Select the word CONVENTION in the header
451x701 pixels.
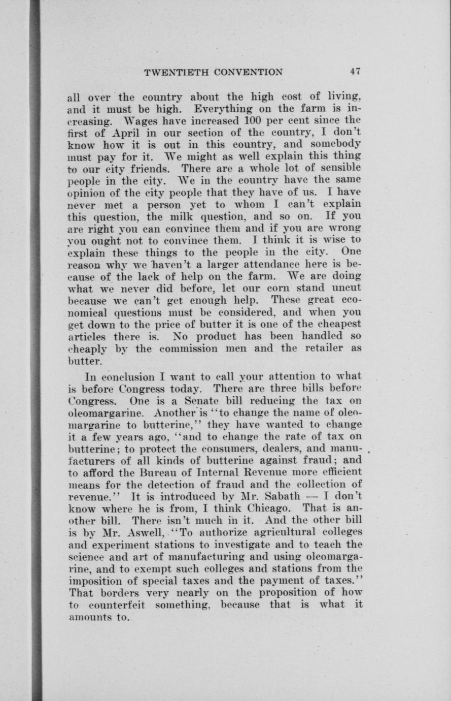248,72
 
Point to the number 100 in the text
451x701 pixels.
253,120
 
